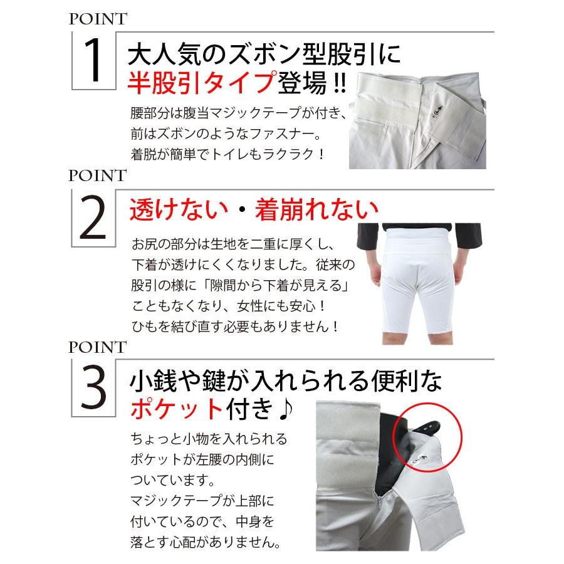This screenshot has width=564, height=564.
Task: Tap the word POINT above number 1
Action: click(97, 18)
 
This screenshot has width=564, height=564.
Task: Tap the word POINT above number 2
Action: click(97, 175)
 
